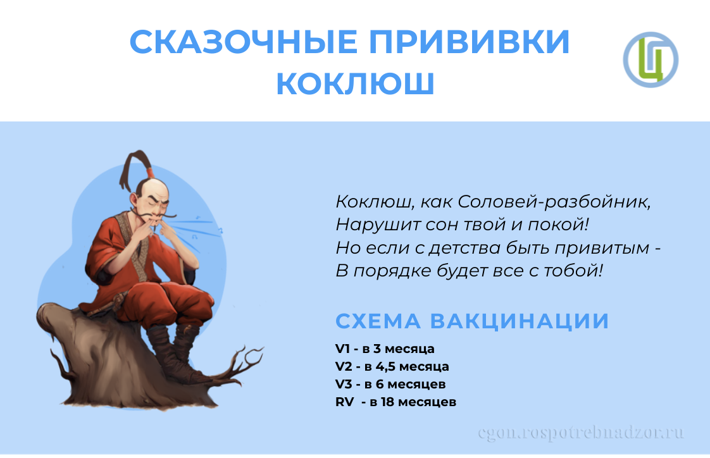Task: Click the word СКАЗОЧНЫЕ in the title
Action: pyautogui.click(x=244, y=42)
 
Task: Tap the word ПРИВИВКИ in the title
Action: pyautogui.click(x=470, y=42)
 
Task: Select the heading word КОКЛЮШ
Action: pyautogui.click(x=356, y=84)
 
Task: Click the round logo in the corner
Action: pyautogui.click(x=651, y=59)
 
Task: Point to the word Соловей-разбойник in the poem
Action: pyautogui.click(x=554, y=202)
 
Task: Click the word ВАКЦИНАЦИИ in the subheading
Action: pyautogui.click(x=520, y=321)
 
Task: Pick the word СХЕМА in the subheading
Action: pyautogui.click(x=378, y=321)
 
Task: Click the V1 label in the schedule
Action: pyautogui.click(x=343, y=349)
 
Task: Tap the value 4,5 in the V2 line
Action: pyautogui.click(x=385, y=366)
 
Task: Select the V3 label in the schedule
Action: pyautogui.click(x=344, y=384)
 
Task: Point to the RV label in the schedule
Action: pyautogui.click(x=345, y=402)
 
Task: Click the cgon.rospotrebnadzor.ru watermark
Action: pyautogui.click(x=581, y=433)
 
